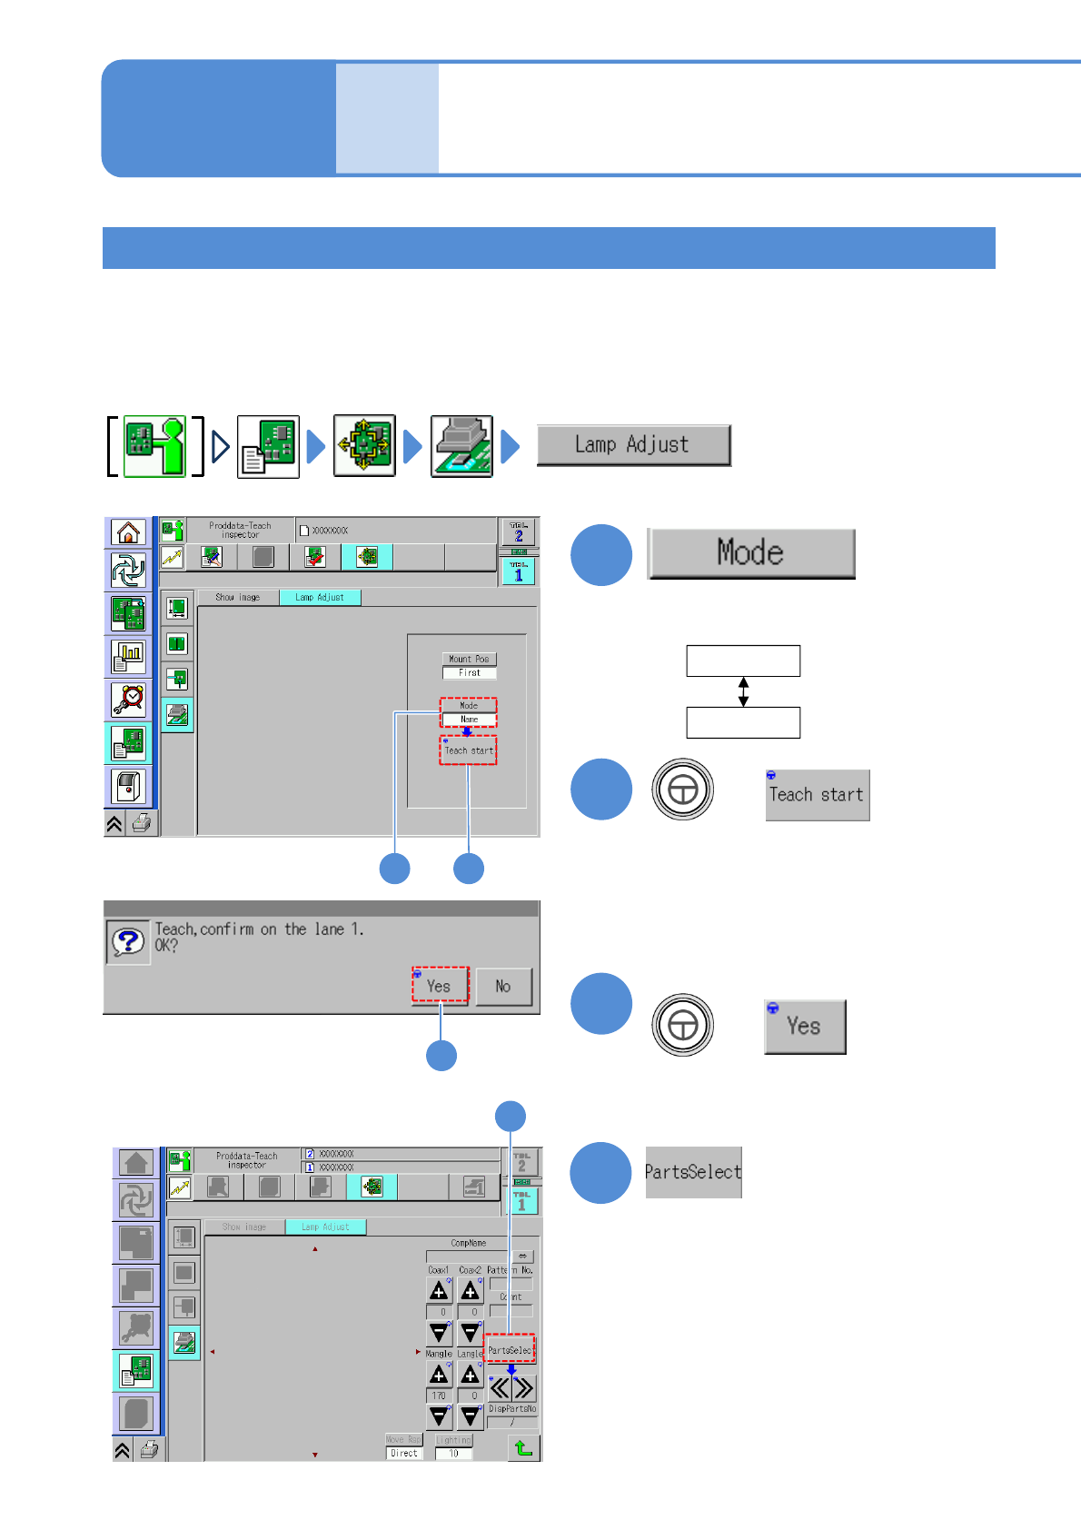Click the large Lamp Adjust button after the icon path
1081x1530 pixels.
[x=633, y=445]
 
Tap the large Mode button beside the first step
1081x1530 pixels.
[x=751, y=552]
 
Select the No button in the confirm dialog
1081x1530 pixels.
[x=503, y=987]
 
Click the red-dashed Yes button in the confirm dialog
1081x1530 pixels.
[x=441, y=986]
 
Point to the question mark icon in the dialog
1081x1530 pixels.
[x=128, y=942]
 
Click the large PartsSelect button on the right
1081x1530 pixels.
[x=693, y=1172]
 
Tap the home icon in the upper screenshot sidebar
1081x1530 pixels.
[x=128, y=532]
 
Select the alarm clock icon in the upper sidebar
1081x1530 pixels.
[x=128, y=700]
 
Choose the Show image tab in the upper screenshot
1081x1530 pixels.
[x=238, y=598]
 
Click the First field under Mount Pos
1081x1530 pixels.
[x=470, y=673]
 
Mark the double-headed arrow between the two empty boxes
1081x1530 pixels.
[x=743, y=691]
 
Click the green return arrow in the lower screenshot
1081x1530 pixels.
[x=523, y=1447]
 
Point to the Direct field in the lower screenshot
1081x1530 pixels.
[x=404, y=1453]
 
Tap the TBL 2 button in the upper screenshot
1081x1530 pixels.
[x=519, y=532]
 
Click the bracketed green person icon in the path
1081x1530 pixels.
[x=154, y=446]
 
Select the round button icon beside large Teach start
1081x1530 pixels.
[x=682, y=790]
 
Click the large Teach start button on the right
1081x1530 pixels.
[x=817, y=795]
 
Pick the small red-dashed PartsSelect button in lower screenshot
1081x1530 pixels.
[x=510, y=1350]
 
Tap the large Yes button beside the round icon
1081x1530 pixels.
[x=805, y=1027]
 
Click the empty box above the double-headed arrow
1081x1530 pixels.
[x=743, y=661]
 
